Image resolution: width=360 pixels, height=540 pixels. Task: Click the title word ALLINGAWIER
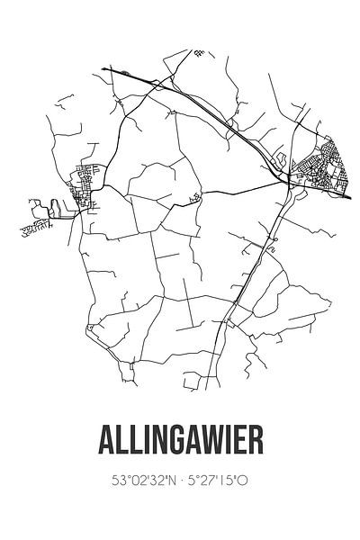[x=180, y=443]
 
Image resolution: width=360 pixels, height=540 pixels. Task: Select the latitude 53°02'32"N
[x=139, y=481]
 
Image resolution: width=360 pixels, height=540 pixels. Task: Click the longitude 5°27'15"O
[x=221, y=481]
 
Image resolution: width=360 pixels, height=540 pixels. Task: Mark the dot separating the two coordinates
[x=181, y=481]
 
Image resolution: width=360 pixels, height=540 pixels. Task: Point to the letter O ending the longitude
[x=243, y=481]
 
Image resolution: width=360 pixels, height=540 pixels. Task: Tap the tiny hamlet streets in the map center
[x=193, y=197]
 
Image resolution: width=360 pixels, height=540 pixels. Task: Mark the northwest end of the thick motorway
[x=103, y=69]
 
